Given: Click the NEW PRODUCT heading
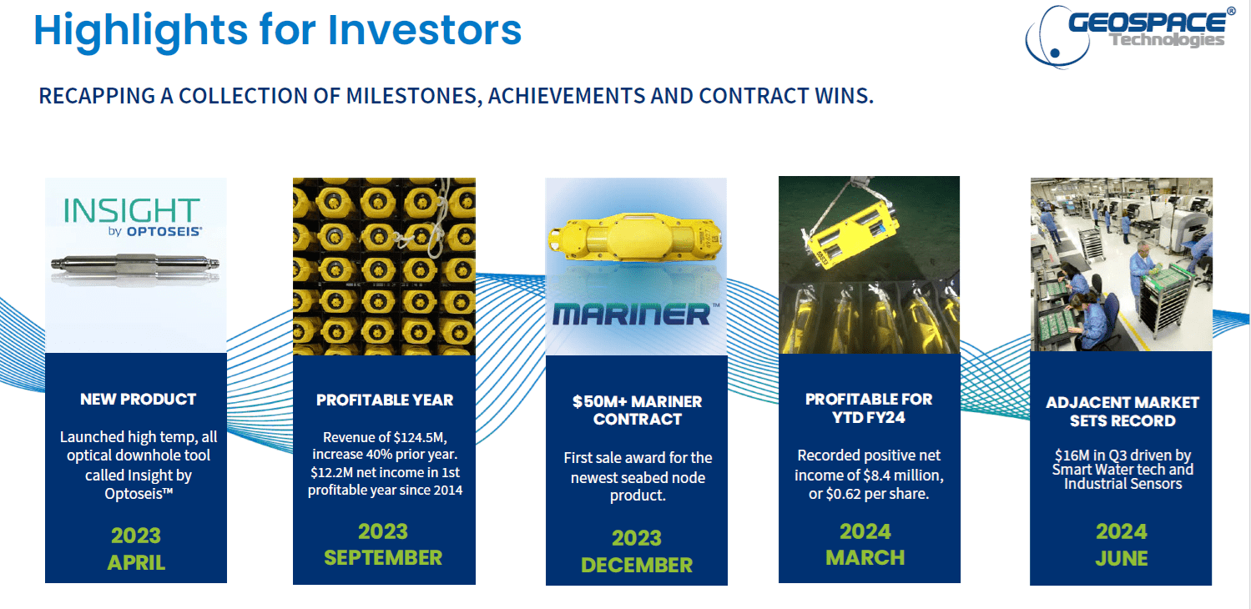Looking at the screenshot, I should pyautogui.click(x=138, y=399).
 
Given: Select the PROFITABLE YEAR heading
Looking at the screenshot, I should pyautogui.click(x=385, y=400).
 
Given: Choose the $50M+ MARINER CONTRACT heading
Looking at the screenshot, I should pyautogui.click(x=637, y=410).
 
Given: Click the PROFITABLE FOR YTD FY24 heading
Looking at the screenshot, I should pyautogui.click(x=868, y=408).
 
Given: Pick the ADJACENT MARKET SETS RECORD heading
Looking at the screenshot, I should pyautogui.click(x=1122, y=411).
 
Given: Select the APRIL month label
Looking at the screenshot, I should pyautogui.click(x=136, y=563).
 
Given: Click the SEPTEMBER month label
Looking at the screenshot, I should pyautogui.click(x=383, y=557).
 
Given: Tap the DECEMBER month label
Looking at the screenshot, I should pyautogui.click(x=636, y=565).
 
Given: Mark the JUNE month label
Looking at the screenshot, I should pyautogui.click(x=1121, y=558).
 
